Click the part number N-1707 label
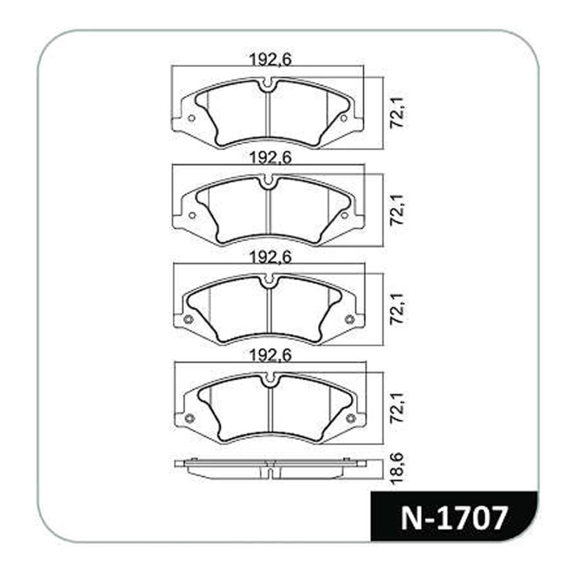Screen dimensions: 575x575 tap(454, 517)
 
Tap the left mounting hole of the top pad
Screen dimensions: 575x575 tap(191, 118)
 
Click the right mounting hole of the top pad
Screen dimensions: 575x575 tap(343, 119)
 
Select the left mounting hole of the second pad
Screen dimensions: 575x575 tap(192, 215)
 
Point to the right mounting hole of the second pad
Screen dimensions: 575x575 tap(344, 215)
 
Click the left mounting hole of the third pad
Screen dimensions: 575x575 tap(189, 319)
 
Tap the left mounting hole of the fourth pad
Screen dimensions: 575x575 tap(189, 418)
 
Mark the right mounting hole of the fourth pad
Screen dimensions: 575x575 tap(351, 418)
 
